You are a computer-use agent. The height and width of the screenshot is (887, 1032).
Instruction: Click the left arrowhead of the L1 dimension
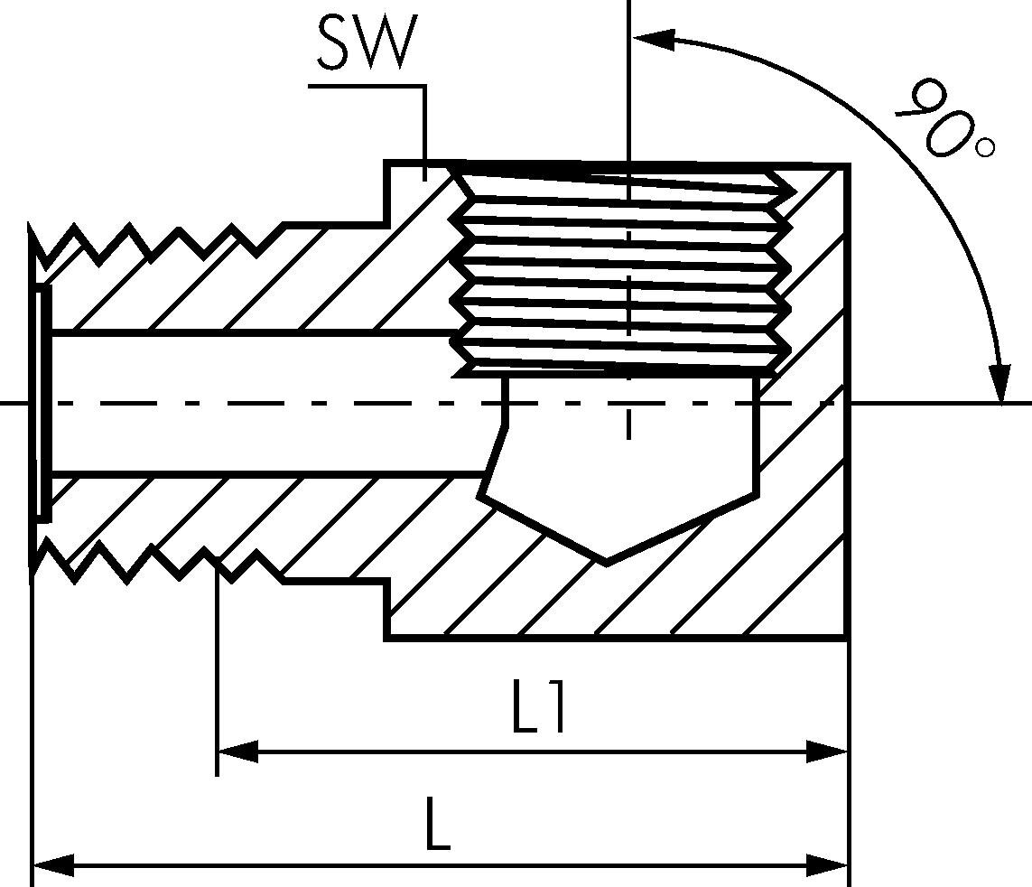tap(237, 751)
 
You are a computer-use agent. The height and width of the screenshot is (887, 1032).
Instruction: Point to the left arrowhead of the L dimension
tap(52, 864)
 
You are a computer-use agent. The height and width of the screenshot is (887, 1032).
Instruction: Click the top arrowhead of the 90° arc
tap(652, 38)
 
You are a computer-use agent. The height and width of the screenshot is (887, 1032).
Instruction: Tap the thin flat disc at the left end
tap(42, 403)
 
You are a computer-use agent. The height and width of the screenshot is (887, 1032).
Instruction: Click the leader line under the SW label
tap(423, 126)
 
